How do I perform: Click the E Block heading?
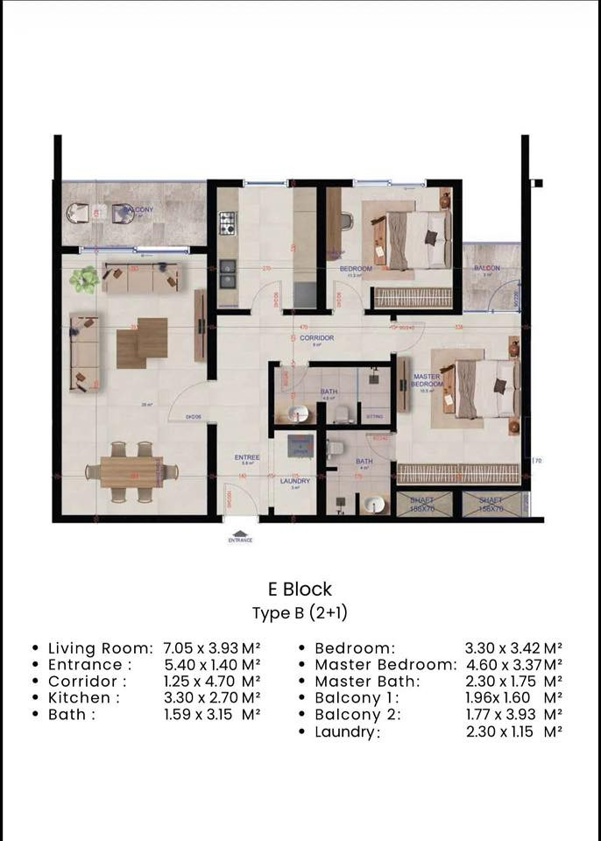(x=300, y=590)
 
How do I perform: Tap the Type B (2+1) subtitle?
(x=300, y=612)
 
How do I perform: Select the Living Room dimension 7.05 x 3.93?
(x=211, y=648)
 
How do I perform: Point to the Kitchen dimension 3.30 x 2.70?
(x=211, y=698)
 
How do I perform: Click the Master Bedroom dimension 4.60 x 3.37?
(x=513, y=665)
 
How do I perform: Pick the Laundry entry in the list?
(x=347, y=732)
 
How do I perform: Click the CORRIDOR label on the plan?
(x=316, y=337)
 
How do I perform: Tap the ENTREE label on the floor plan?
(x=247, y=457)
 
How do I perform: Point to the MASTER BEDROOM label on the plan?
(x=426, y=381)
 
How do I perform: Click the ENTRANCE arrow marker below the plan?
(x=239, y=535)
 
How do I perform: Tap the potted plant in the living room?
(x=85, y=279)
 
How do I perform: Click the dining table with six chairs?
(x=131, y=472)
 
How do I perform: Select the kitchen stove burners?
(x=227, y=223)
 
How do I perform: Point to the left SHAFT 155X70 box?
(x=422, y=505)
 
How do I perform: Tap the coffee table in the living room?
(x=141, y=343)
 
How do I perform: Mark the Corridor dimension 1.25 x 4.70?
(x=211, y=682)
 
